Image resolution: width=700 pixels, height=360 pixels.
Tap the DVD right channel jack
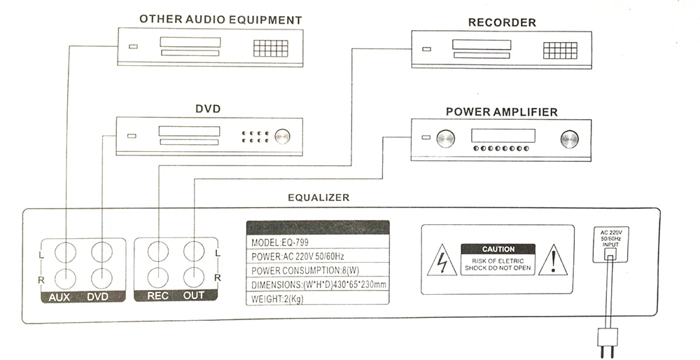(101, 277)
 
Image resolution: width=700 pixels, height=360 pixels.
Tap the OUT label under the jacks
(194, 296)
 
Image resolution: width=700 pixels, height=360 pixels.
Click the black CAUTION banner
(498, 249)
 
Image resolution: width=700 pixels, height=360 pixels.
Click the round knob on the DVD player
(283, 136)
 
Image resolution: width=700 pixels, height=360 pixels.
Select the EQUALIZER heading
(318, 198)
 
